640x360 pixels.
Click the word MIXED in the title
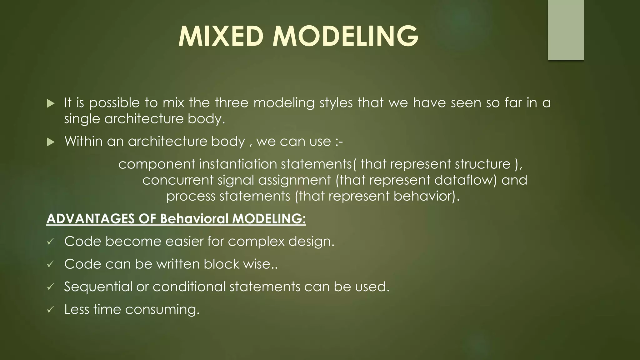tap(221, 37)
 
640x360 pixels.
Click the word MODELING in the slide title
tap(345, 37)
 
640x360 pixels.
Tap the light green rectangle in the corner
tap(566, 30)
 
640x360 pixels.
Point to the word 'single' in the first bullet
tap(82, 119)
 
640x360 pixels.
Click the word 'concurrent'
tap(177, 180)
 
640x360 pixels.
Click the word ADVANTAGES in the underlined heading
tap(90, 219)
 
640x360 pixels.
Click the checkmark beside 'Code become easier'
tap(50, 242)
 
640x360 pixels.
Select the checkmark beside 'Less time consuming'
tap(50, 310)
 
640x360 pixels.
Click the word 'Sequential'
tap(98, 287)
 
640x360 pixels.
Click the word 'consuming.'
tap(162, 310)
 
